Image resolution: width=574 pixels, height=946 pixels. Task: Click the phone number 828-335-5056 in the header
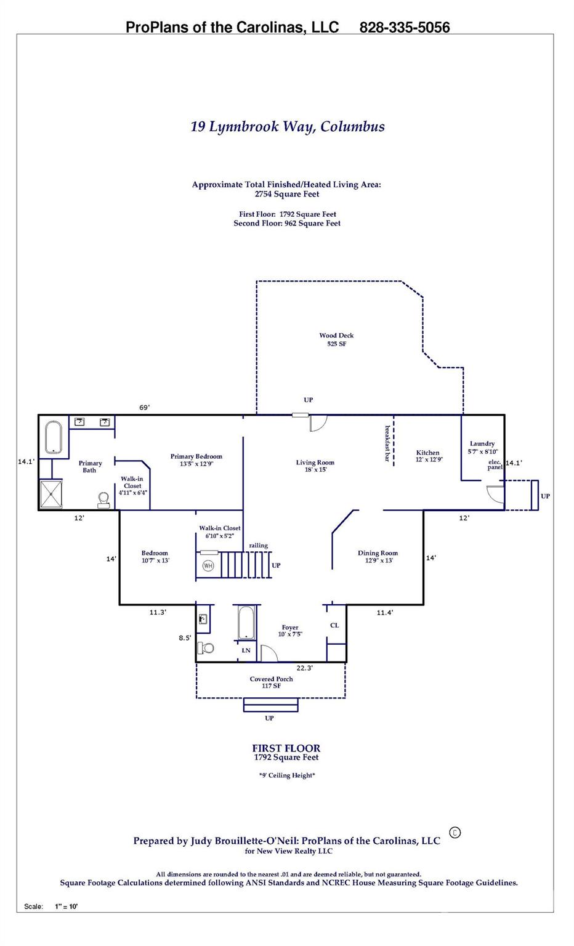pos(404,27)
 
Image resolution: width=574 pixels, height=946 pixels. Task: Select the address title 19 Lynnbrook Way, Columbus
pos(288,127)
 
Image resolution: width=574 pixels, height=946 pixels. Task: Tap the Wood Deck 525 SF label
pos(336,339)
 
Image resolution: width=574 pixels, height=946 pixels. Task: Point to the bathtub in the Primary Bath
pos(54,438)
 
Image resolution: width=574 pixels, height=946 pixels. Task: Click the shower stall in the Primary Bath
pos(51,495)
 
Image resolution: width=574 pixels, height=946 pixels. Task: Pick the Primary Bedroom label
pos(196,460)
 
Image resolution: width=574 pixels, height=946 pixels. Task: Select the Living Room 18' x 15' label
pos(315,466)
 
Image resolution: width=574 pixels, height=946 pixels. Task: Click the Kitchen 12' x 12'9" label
pos(428,456)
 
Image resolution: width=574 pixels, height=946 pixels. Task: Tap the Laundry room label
pos(482,447)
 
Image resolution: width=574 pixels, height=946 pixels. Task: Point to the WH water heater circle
pos(208,566)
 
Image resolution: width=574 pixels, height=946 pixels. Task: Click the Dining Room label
pos(378,557)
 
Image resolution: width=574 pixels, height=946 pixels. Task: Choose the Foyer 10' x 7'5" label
pos(290,631)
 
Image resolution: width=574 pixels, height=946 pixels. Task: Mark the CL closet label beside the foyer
pos(334,625)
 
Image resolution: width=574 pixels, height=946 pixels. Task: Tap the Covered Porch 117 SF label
pos(271,682)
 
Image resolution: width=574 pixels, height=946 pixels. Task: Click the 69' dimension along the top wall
pos(144,407)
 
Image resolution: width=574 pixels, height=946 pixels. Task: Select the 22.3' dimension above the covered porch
pos(304,668)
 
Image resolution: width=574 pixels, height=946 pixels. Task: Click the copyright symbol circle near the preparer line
pos(455,833)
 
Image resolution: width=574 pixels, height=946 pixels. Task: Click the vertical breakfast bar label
pos(387,443)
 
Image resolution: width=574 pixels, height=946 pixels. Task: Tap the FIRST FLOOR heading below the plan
pos(286,749)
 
